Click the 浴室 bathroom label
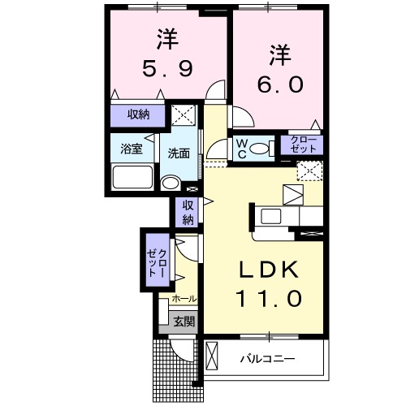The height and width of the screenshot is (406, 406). (131, 149)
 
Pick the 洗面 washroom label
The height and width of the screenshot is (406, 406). (179, 153)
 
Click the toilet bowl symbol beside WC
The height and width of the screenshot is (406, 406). (261, 148)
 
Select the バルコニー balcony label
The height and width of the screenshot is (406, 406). (267, 358)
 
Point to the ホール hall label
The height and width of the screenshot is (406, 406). (183, 300)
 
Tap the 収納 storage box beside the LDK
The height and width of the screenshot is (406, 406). (188, 211)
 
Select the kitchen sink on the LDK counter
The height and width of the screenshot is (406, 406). (271, 216)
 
